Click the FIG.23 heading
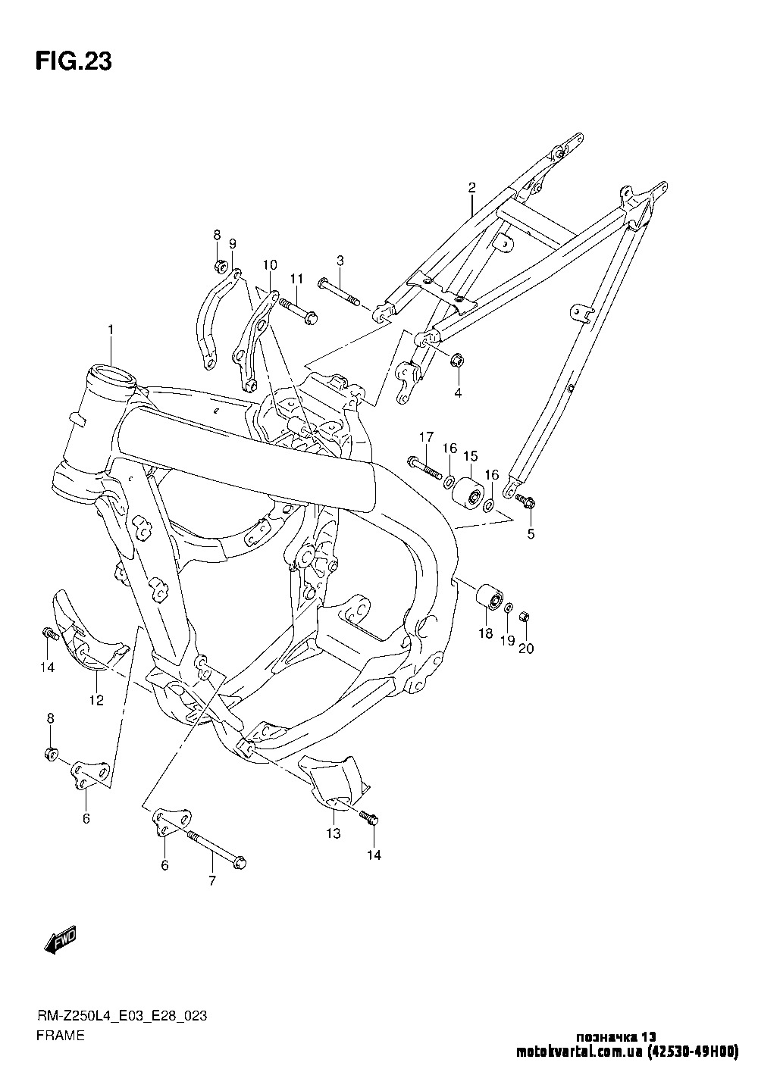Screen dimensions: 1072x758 [x=73, y=62]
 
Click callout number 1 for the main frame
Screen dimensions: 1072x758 [x=111, y=330]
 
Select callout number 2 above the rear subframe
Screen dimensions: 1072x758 [x=471, y=187]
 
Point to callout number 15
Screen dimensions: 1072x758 [x=471, y=456]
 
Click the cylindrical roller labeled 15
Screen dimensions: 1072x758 [x=469, y=495]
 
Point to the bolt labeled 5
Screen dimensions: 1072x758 [x=525, y=501]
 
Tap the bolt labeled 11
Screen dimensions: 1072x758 [x=297, y=311]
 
